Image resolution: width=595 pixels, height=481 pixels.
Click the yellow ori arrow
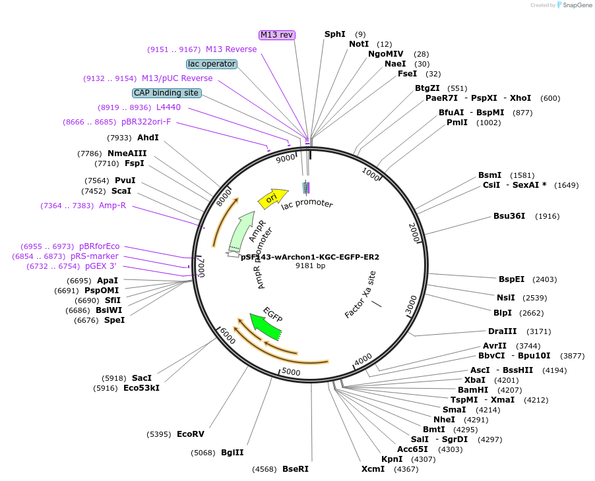pos(272,196)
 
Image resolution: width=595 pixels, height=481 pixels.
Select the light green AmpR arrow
pos(241,231)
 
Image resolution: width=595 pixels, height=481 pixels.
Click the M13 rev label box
pos(276,35)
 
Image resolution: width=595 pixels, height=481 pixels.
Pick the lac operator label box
pos(212,64)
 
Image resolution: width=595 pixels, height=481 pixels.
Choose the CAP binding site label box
pos(166,93)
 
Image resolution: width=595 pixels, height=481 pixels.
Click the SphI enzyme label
pos(334,34)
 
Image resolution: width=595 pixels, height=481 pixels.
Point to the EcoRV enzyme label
pos(191,434)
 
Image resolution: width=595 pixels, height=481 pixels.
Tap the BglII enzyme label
pos(232,453)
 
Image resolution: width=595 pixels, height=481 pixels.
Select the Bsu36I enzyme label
pos(509,216)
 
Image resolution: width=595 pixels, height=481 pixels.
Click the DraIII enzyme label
pos(502,331)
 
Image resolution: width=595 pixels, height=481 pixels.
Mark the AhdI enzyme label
pos(148,138)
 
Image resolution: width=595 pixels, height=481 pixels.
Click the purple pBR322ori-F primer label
pos(146,122)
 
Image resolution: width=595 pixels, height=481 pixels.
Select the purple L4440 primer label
pos(168,107)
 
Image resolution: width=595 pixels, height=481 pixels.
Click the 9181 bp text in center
pos(310,266)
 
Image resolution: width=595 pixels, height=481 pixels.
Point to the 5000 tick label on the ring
pos(291,372)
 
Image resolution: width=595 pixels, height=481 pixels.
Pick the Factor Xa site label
pos(360,295)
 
